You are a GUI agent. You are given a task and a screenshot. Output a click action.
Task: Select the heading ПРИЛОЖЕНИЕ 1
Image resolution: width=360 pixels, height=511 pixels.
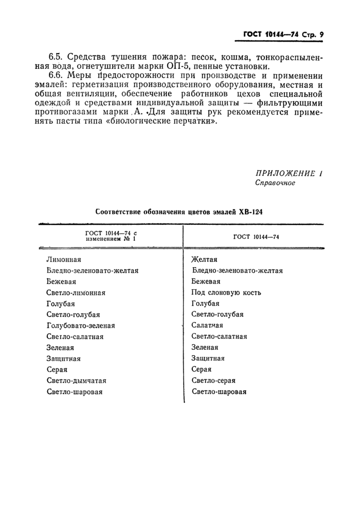click(289, 174)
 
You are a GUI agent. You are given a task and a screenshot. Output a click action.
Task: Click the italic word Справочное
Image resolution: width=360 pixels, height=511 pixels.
click(275, 183)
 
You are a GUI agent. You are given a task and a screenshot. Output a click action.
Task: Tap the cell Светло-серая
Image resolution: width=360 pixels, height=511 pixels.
click(213, 381)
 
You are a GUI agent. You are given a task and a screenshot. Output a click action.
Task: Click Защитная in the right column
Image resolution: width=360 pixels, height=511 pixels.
click(208, 358)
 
